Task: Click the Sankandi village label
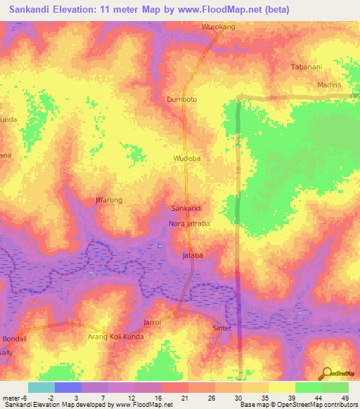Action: (187, 209)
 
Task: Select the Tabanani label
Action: (307, 67)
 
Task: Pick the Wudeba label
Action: (187, 159)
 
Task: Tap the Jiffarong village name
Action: (108, 200)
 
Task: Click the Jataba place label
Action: (193, 255)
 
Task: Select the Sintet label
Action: (221, 328)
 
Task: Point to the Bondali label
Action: (14, 339)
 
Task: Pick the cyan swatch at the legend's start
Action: (41, 387)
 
